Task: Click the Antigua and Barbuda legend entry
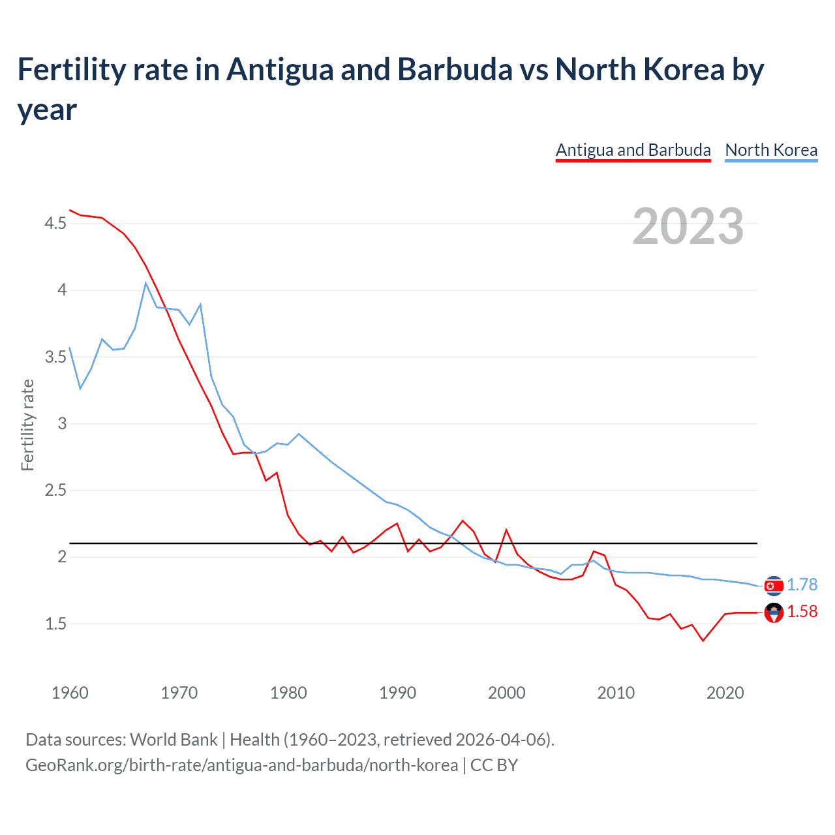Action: [633, 150]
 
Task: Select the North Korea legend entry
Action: [771, 150]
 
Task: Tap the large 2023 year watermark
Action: [688, 226]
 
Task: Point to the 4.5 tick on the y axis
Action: [55, 224]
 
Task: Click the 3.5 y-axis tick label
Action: [55, 357]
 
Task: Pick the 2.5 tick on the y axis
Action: [55, 490]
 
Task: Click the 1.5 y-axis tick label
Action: [55, 624]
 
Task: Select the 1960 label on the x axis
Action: [70, 693]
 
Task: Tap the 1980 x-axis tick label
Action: [288, 693]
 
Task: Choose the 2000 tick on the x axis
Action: [506, 693]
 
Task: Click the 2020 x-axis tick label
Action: [725, 693]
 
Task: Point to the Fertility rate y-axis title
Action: [27, 425]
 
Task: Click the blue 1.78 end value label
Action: [802, 584]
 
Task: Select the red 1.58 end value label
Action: [802, 611]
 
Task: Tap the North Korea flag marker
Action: [774, 586]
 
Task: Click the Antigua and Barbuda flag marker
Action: [774, 613]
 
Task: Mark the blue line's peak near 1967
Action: [146, 283]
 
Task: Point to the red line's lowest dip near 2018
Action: [703, 641]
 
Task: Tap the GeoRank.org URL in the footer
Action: [241, 765]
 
